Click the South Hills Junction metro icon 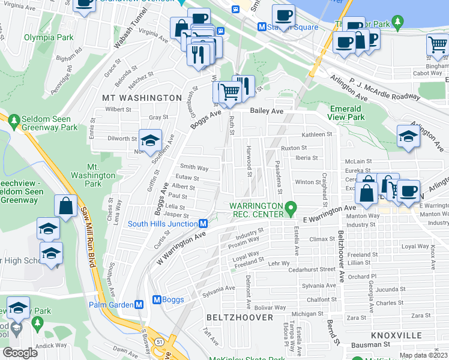[203, 224]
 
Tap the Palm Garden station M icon [139, 304]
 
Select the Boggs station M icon [158, 299]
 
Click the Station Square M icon [262, 26]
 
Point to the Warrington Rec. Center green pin [291, 208]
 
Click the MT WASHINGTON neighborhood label [142, 97]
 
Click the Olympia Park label [49, 37]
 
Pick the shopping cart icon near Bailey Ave [228, 92]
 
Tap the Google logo [20, 353]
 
